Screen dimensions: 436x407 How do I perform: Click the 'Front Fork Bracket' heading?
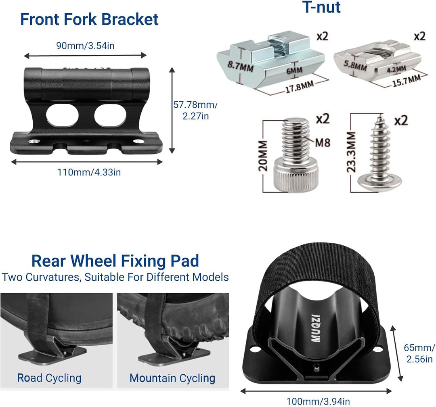89,19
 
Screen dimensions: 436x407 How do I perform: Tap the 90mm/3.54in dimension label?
85,46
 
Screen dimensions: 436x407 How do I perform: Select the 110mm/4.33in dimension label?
89,172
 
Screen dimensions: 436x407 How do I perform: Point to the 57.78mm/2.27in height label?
195,110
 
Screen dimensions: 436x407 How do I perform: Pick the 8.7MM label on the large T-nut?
240,66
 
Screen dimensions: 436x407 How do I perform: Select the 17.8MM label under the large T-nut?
300,86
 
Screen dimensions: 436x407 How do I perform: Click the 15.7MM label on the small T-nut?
406,81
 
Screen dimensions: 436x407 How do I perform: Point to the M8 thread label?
323,143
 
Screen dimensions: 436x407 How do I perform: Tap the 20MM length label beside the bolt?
263,156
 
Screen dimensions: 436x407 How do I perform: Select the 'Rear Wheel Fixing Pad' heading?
115,261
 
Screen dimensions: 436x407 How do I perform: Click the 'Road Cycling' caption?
49,378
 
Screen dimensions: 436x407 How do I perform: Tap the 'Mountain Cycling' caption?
172,378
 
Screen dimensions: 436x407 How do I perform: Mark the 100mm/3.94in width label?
318,401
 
